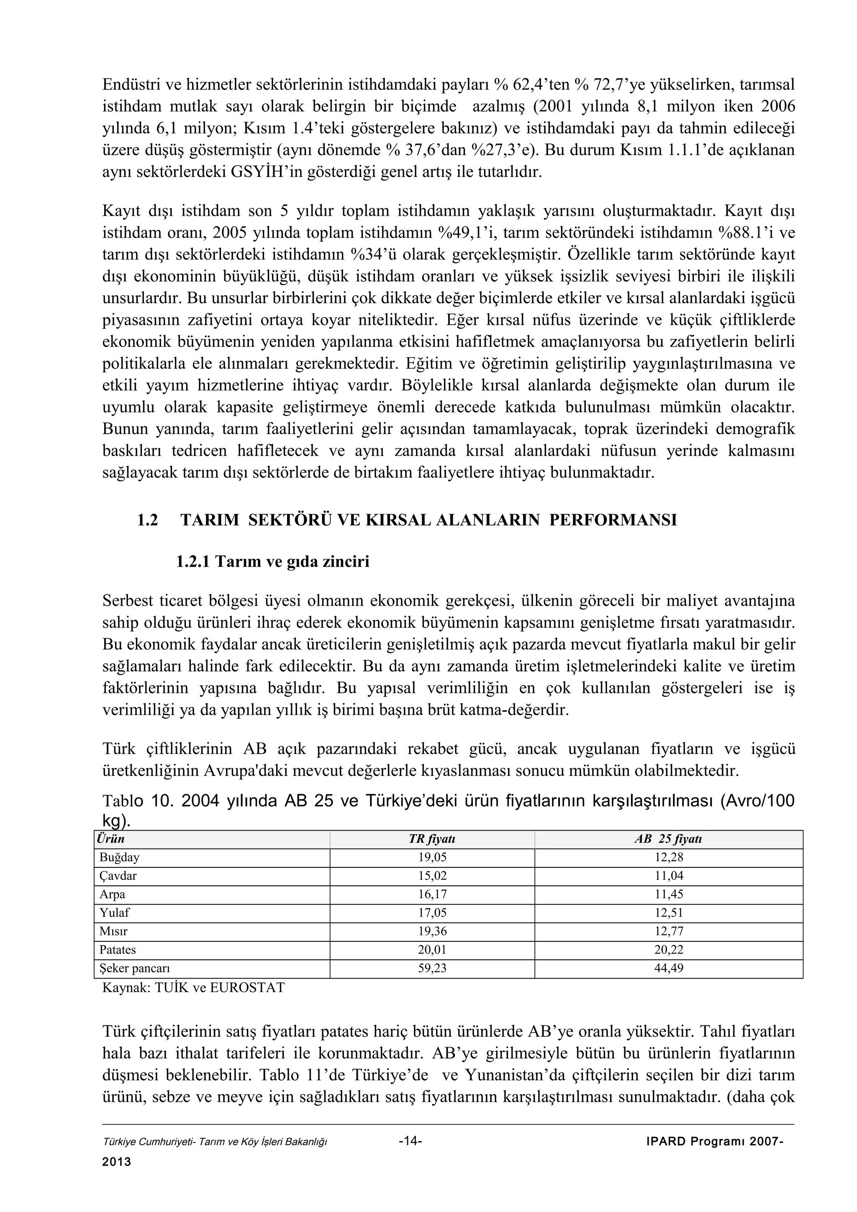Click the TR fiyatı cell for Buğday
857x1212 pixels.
[x=432, y=858]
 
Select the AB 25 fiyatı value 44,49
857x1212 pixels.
[x=669, y=969]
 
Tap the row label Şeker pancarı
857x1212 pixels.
[x=135, y=969]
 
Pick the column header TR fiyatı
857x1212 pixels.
[x=432, y=839]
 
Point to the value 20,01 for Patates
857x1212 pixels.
[x=432, y=950]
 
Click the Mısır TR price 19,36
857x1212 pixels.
[x=432, y=932]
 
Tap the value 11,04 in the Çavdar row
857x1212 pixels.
[x=669, y=876]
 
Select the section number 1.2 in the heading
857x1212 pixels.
[x=147, y=521]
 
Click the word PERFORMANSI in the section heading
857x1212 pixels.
[x=613, y=521]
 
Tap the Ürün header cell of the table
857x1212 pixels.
[x=111, y=839]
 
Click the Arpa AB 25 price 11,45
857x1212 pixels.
[x=669, y=895]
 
